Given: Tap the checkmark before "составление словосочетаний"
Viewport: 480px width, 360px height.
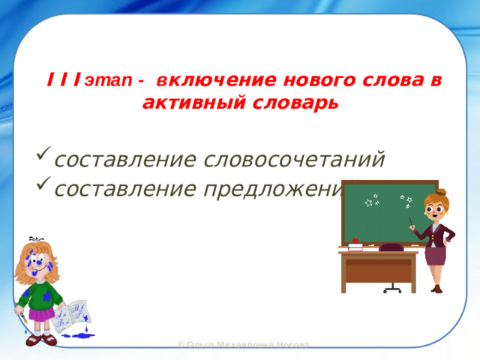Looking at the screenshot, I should pyautogui.click(x=43, y=160).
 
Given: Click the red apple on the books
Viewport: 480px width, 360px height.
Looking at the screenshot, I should pyautogui.click(x=355, y=241).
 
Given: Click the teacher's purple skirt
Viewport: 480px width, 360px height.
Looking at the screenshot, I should pyautogui.click(x=436, y=255).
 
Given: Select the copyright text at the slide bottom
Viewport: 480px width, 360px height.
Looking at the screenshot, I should pyautogui.click(x=242, y=344).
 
